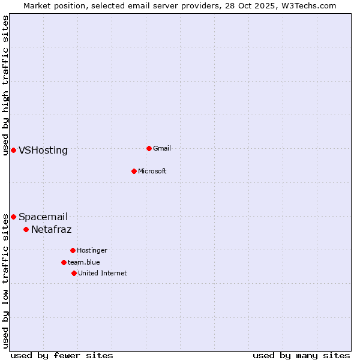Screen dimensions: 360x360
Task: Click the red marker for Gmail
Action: [x=149, y=148]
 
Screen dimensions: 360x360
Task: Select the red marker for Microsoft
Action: [x=134, y=171]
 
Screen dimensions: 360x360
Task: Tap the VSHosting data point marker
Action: [x=13, y=150]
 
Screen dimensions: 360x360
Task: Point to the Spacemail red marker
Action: [x=13, y=217]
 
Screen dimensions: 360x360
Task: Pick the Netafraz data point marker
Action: [x=26, y=229]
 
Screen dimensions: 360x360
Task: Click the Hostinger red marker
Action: [x=73, y=250]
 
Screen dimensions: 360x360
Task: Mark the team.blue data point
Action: [x=64, y=262]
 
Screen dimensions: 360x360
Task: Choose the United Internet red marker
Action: [x=74, y=273]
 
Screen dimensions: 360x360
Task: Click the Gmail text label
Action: [x=162, y=148]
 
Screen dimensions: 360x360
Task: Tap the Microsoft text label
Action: [x=152, y=171]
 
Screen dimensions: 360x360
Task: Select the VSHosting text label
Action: [x=43, y=151]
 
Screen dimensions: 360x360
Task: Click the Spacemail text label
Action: [x=43, y=217]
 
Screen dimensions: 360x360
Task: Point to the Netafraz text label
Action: [x=52, y=230]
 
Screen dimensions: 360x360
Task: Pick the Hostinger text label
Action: [x=92, y=250]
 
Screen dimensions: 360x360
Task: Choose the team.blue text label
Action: [x=84, y=262]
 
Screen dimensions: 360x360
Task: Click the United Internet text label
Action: [x=103, y=273]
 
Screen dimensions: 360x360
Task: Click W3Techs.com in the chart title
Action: [x=308, y=5]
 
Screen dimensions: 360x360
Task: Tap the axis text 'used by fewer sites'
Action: [x=62, y=355]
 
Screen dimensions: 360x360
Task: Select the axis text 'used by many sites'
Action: [x=301, y=355]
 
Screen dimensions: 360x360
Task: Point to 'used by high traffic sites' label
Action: [x=5, y=85]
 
